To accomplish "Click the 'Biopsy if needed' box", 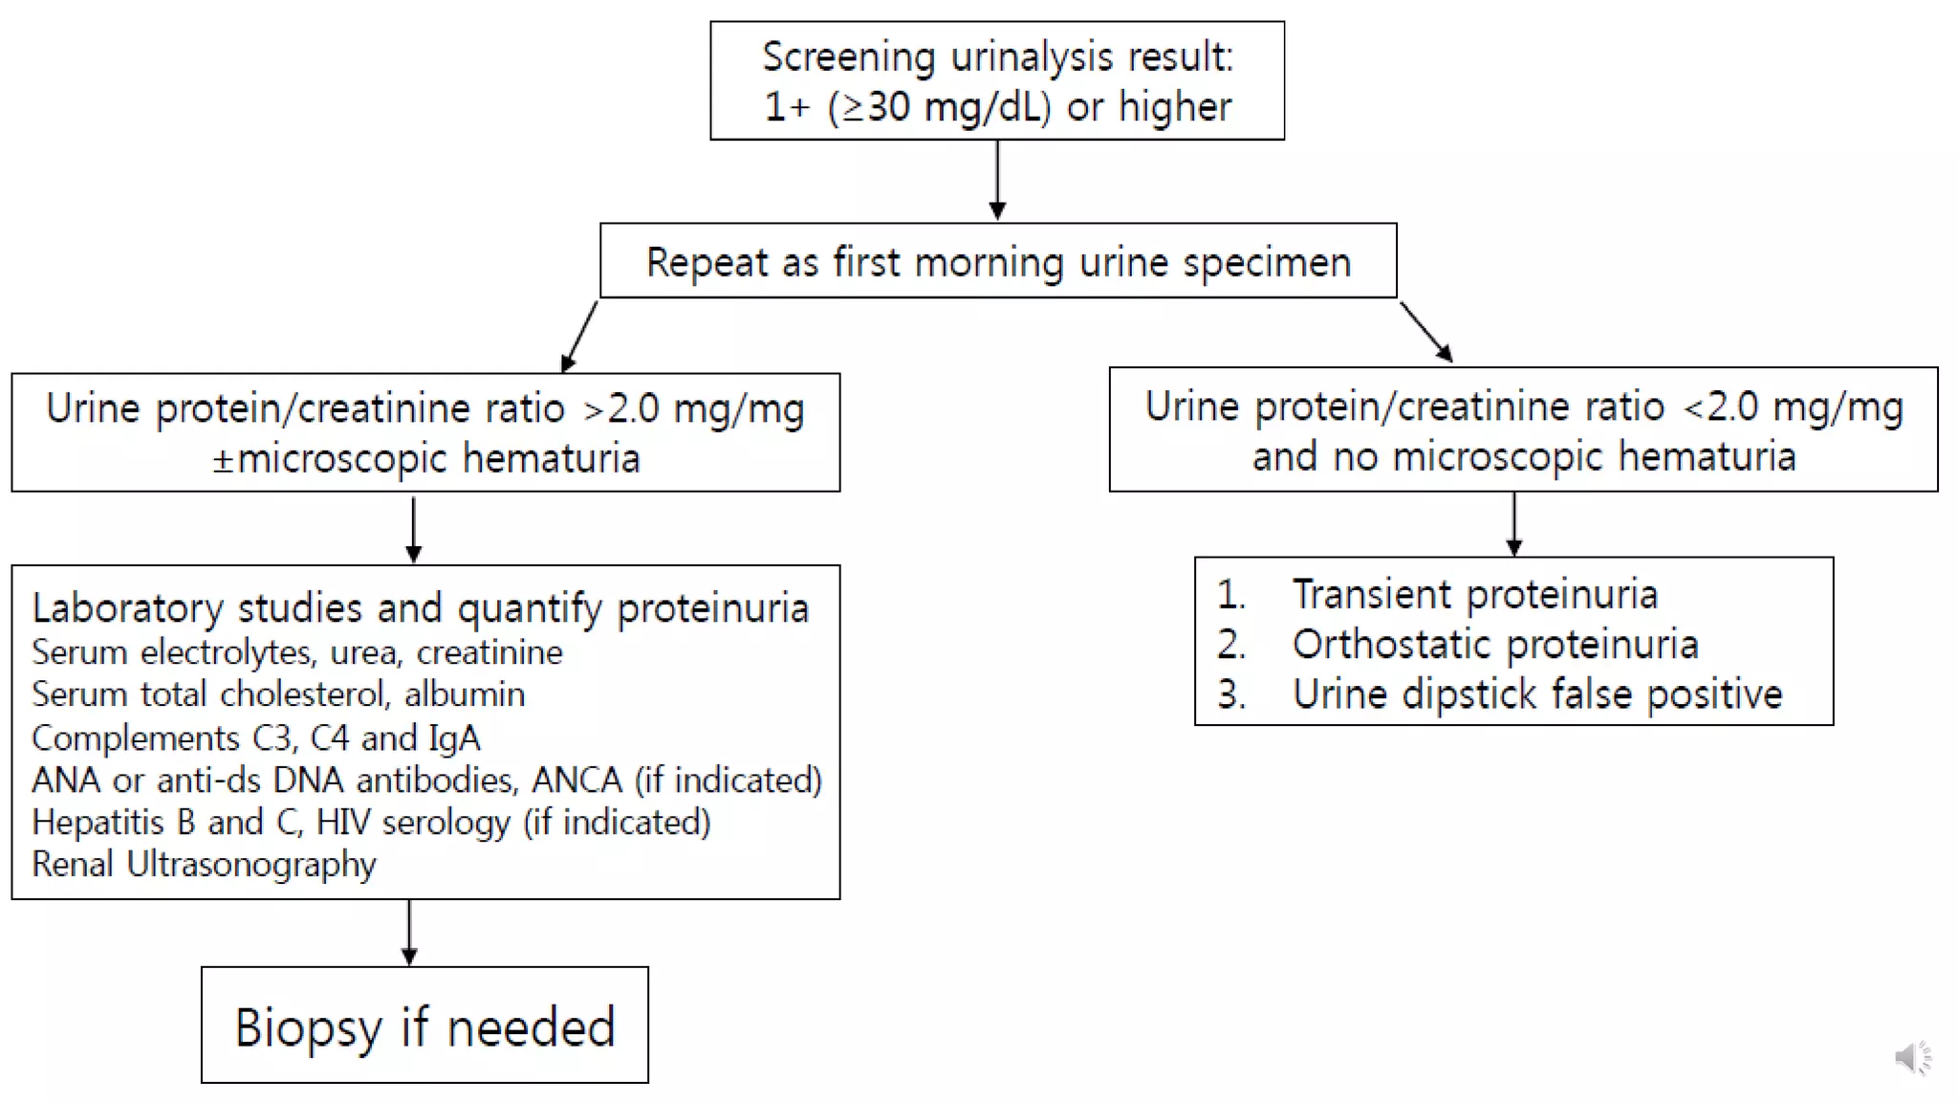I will click(x=424, y=1025).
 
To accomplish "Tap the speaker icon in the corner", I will click(x=1912, y=1057).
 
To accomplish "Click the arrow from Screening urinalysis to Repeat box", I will click(x=997, y=180).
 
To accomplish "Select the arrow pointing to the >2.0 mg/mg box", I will click(x=580, y=337).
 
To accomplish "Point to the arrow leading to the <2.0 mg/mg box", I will click(x=1426, y=332).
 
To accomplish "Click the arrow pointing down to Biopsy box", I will click(x=409, y=932).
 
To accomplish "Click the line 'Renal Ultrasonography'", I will click(x=204, y=864).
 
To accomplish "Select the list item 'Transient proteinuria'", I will click(x=1474, y=594).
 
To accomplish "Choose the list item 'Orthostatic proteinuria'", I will click(x=1494, y=644).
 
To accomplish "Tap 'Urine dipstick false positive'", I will click(x=1536, y=694).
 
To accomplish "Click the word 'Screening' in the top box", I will click(x=848, y=57).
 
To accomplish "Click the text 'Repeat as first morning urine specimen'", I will click(x=998, y=262).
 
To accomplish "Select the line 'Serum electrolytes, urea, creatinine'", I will click(x=297, y=652).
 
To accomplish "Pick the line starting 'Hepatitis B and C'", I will click(x=371, y=823).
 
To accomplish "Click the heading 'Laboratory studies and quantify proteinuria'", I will click(x=421, y=608).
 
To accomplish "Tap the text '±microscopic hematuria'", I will click(x=425, y=458).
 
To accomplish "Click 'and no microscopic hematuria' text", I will click(x=1523, y=456).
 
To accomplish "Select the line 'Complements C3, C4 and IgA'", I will click(x=255, y=738).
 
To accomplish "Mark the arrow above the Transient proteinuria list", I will click(x=1513, y=523).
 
